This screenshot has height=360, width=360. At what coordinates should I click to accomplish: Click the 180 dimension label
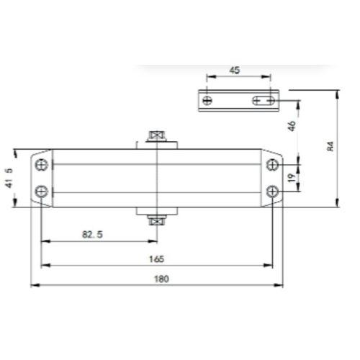pos(161,279)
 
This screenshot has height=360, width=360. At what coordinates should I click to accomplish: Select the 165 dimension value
pos(156,259)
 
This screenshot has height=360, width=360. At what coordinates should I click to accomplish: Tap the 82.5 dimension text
pos(92,235)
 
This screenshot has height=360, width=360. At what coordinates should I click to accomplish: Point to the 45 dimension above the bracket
pos(235,71)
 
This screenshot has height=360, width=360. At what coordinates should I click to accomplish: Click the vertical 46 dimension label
pos(292,126)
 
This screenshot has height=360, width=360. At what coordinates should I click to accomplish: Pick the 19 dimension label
pos(292,178)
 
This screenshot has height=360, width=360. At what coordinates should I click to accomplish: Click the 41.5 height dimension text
pos(9,178)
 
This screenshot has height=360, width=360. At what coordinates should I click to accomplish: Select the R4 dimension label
pos(330,146)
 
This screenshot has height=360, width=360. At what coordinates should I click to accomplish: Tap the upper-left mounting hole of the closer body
pos(42,165)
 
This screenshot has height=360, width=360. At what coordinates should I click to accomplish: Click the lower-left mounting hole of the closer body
pos(42,192)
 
